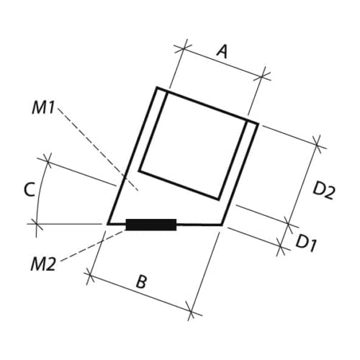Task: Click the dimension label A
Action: [x=222, y=52]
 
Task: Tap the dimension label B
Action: [x=141, y=282]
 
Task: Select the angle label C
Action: [x=30, y=189]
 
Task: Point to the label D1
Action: [x=305, y=243]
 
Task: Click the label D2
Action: [x=324, y=191]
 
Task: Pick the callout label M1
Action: [x=43, y=107]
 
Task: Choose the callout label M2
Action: [x=43, y=264]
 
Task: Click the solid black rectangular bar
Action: [x=151, y=225]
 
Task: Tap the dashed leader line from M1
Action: [x=98, y=149]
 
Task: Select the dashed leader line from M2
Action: [x=94, y=246]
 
